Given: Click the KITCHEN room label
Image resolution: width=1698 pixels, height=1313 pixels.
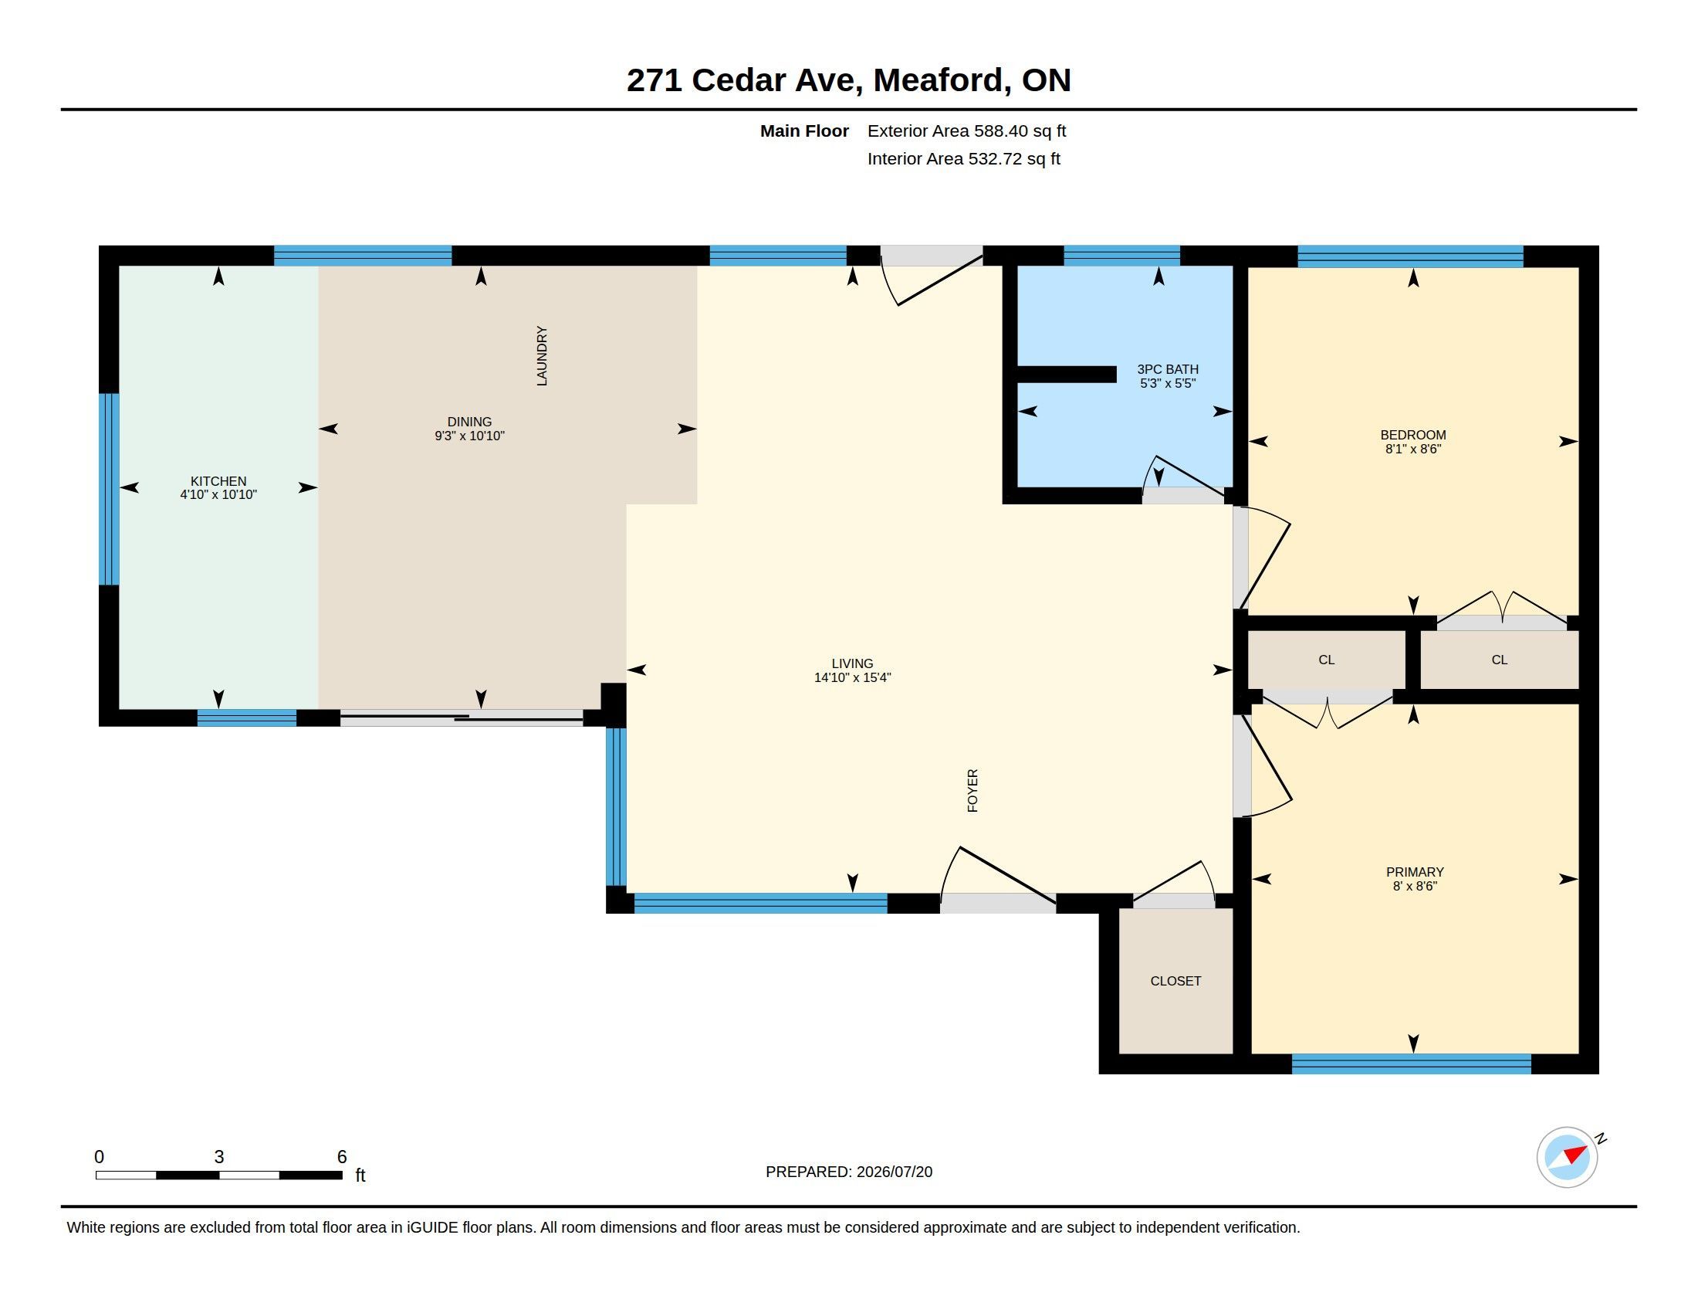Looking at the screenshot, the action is pos(218,481).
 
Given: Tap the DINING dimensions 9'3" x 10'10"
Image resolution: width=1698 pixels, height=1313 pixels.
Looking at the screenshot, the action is pos(469,436).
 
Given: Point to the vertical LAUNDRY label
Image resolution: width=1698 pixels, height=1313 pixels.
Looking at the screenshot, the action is pos(542,356).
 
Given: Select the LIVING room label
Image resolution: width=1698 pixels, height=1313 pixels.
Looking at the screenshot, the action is pos(852,663).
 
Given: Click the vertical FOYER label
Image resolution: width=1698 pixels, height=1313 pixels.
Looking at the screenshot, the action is pos(972,791).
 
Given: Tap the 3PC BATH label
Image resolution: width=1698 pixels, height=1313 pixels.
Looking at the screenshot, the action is pos(1168,369).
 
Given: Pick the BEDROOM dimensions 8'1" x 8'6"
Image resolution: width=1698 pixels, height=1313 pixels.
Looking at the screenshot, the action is pos(1413,449).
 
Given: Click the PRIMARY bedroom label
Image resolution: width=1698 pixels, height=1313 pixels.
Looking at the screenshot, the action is pos(1415,872).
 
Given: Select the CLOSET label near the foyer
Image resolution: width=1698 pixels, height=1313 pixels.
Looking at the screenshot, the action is pos(1175,981).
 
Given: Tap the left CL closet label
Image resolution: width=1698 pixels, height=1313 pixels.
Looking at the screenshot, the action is pos(1326,660).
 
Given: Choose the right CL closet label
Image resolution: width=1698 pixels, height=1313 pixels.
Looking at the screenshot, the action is pos(1500,660).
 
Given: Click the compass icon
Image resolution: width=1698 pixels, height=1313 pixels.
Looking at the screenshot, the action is pos(1568,1157).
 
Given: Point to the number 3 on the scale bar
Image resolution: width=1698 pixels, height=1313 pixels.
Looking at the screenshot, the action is pos(219,1157).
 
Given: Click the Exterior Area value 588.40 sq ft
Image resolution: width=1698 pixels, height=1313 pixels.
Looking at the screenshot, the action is pos(1020,131).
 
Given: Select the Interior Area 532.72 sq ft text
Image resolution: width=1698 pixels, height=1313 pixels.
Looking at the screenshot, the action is pos(964,158).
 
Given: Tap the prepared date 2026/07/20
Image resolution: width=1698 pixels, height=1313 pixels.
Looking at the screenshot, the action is pos(894,1172).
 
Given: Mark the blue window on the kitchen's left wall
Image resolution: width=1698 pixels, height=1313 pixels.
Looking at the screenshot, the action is pos(109,489).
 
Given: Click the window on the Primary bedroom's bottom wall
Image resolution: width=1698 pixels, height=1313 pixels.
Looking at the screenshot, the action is pos(1411,1064).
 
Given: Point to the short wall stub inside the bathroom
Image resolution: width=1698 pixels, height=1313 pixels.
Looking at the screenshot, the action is pos(1067,374).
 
